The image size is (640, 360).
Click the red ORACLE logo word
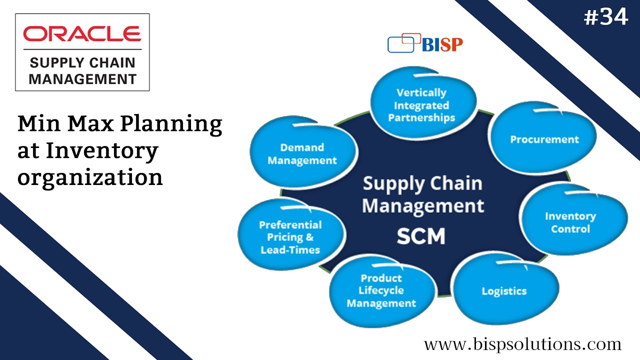82,33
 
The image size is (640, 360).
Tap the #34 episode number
605,17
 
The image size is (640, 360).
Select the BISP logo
425,43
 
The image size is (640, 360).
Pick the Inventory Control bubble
573,219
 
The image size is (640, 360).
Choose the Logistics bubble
505,288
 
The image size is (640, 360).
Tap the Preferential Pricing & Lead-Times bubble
291,234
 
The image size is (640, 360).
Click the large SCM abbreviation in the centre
421,236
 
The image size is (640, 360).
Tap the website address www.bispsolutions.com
522,344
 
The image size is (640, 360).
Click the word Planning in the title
171,125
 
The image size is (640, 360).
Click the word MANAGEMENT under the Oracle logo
82,79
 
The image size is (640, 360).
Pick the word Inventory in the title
102,151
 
